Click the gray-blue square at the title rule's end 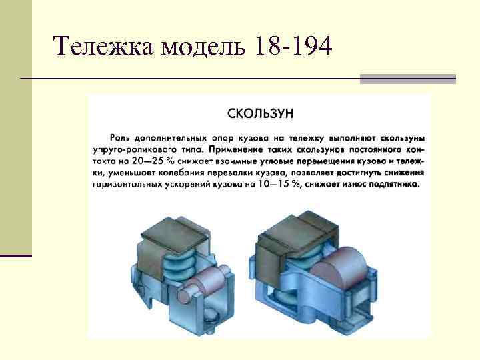pos(407,79)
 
